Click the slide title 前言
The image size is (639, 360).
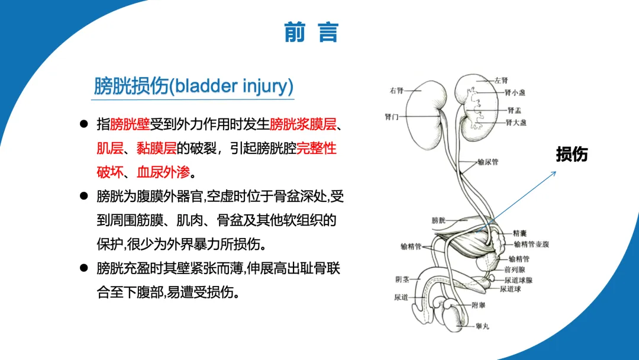tap(311, 33)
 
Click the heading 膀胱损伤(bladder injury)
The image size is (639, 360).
tap(193, 86)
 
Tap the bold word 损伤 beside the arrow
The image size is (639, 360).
tap(572, 154)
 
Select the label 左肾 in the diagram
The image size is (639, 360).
tap(501, 80)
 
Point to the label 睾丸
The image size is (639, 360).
tap(482, 325)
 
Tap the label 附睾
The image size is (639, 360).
tap(478, 306)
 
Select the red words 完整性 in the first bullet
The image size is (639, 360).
tap(317, 148)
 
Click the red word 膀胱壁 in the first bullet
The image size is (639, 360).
tap(130, 124)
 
